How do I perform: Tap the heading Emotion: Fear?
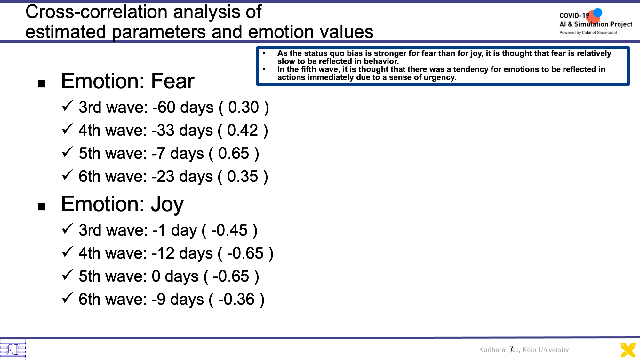pyautogui.click(x=128, y=81)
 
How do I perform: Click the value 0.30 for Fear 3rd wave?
pyautogui.click(x=244, y=107)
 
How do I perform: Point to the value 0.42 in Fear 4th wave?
pyautogui.click(x=243, y=130)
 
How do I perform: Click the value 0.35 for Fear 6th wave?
pyautogui.click(x=243, y=176)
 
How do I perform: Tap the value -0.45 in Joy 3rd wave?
pyautogui.click(x=229, y=230)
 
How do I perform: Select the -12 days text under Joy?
pyautogui.click(x=182, y=254)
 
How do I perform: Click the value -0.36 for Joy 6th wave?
pyautogui.click(x=236, y=299)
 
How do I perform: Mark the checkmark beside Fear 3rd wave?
pyautogui.click(x=67, y=106)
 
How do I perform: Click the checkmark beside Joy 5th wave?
pyautogui.click(x=67, y=275)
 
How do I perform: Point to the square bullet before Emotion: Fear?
pyautogui.click(x=42, y=84)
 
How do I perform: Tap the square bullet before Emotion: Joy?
pyautogui.click(x=42, y=206)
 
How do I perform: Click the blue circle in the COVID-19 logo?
pyautogui.click(x=597, y=13)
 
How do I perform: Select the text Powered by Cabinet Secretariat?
pyautogui.click(x=588, y=32)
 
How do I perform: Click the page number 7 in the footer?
pyautogui.click(x=511, y=348)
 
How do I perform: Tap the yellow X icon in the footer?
pyautogui.click(x=628, y=350)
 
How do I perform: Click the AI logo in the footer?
pyautogui.click(x=13, y=349)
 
